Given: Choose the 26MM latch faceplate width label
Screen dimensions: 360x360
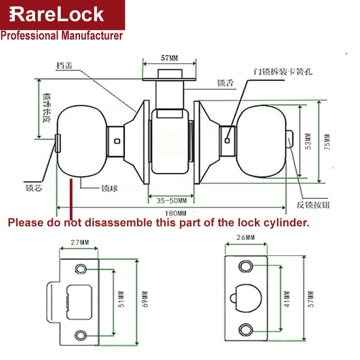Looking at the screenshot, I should [x=246, y=237].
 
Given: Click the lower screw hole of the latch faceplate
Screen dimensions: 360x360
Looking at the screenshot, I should [x=246, y=328].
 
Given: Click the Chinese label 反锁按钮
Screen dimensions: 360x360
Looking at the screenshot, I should [x=313, y=205].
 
